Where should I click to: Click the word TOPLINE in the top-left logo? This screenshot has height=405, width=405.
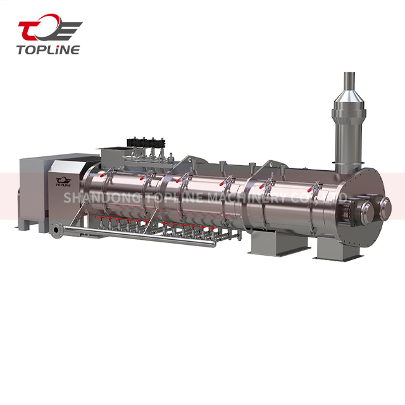pos(48,49)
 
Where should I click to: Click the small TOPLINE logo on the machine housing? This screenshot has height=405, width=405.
pos(63,182)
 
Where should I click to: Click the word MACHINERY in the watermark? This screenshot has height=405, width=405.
pos(247,198)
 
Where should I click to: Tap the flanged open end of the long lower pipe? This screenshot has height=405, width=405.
pos(56,230)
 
